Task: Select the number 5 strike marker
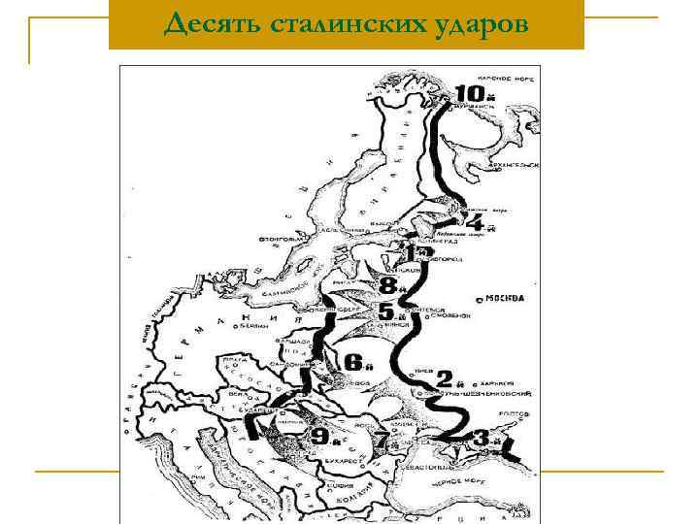(387, 312)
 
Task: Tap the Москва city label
(504, 298)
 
